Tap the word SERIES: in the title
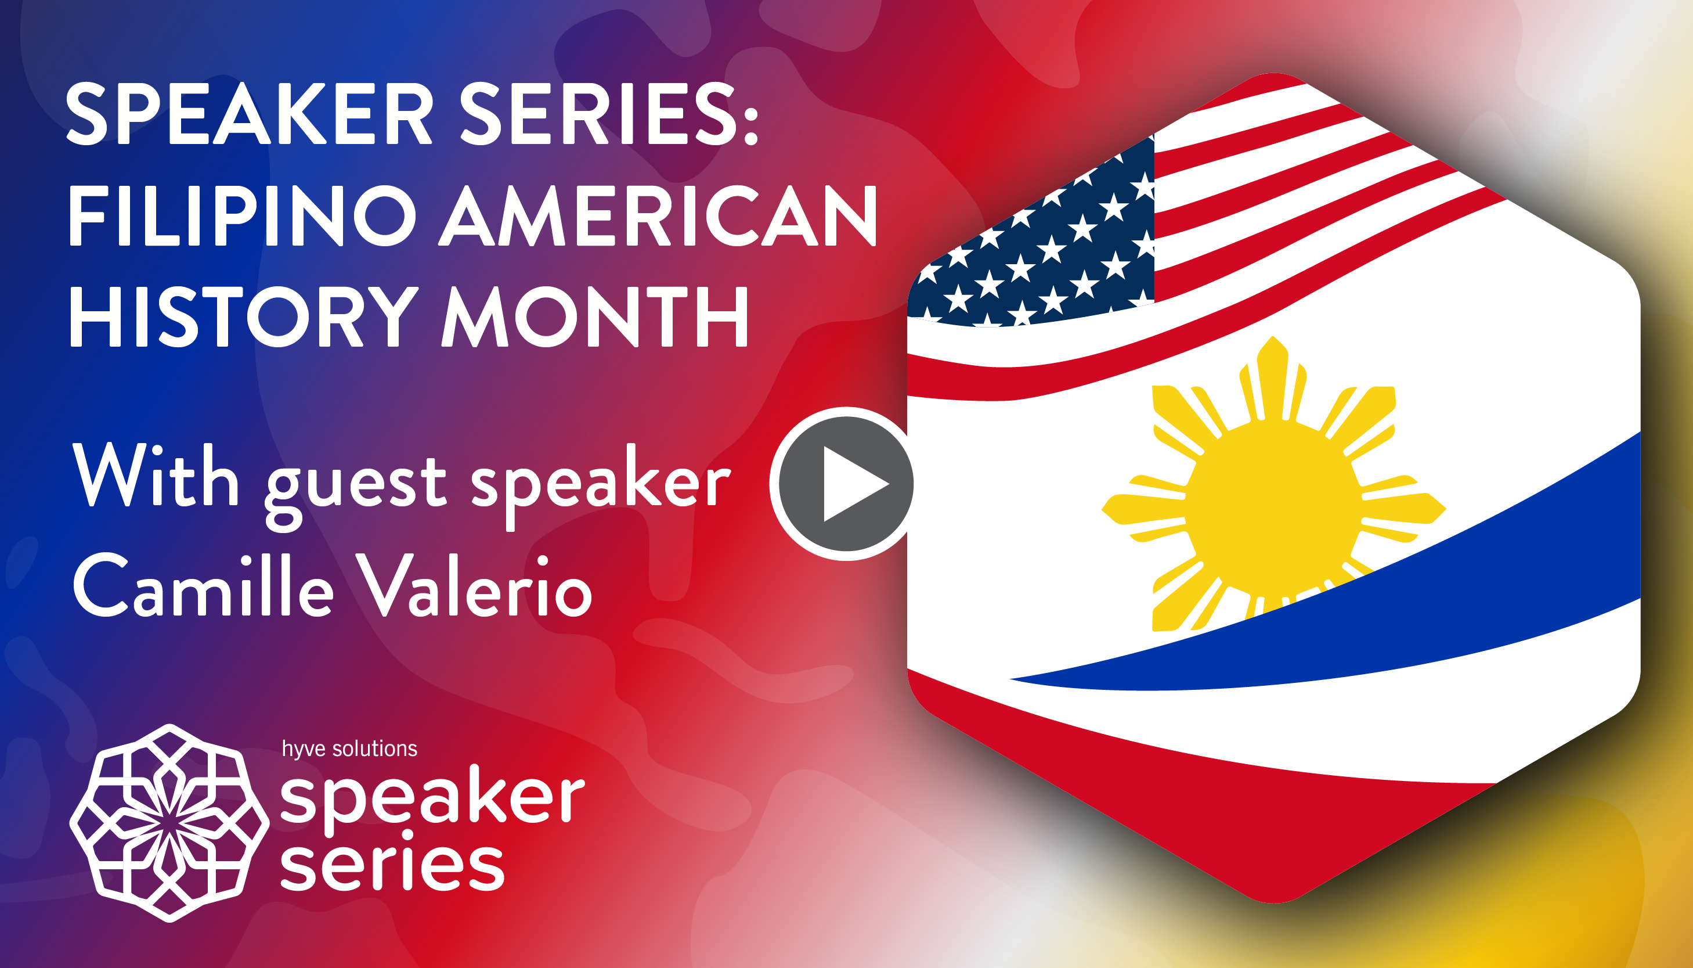609,114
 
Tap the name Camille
203,585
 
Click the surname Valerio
473,585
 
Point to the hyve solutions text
349,749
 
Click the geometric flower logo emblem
169,823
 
